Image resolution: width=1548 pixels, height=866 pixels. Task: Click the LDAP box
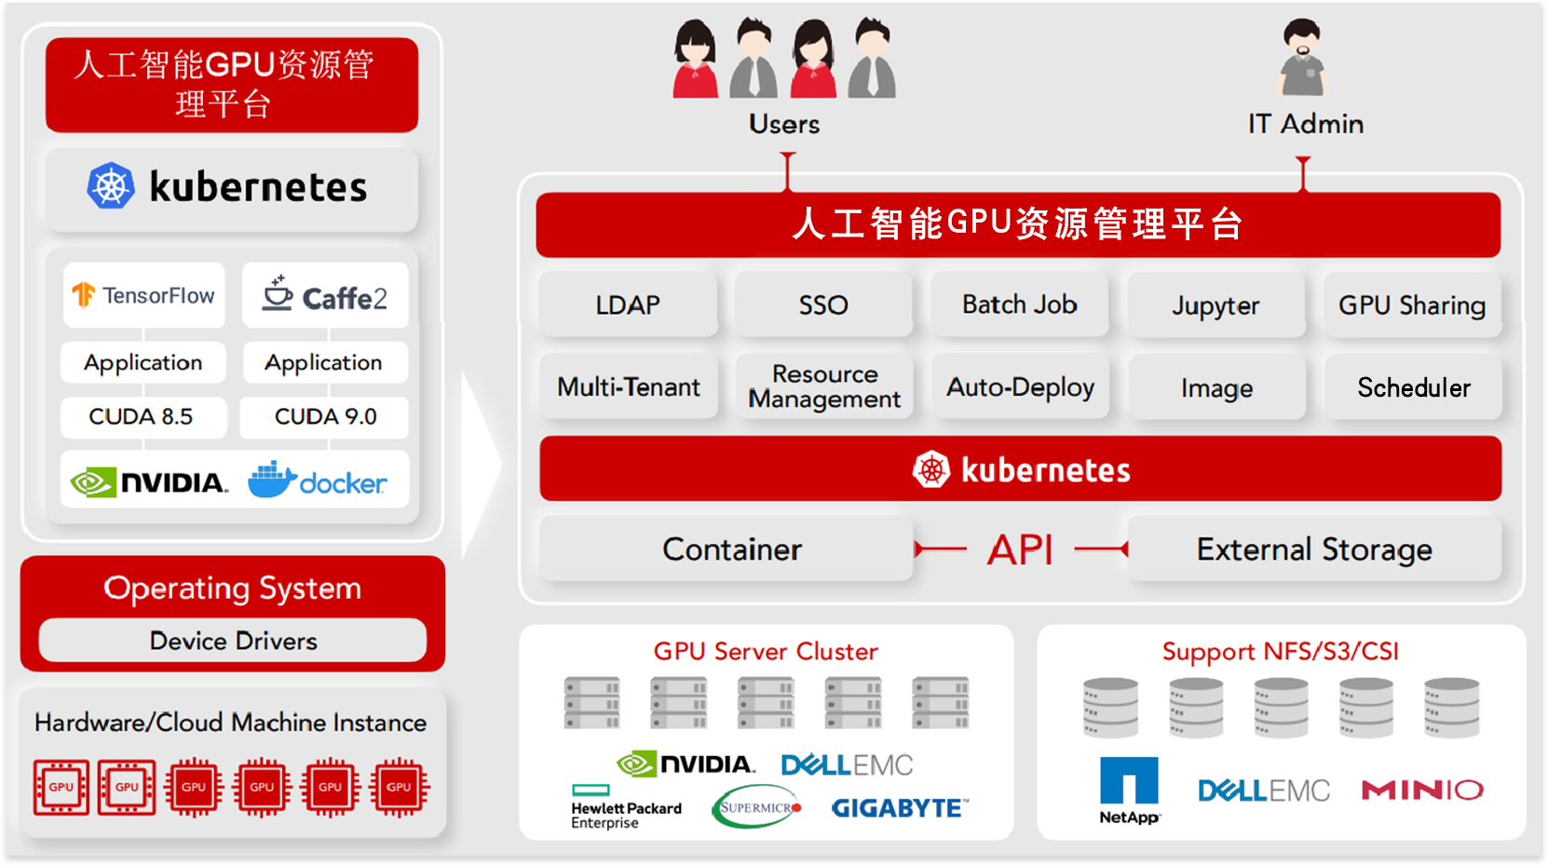pos(628,304)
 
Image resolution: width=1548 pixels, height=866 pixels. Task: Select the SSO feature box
pos(823,304)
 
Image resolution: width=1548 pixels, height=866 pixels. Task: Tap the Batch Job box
pos(1019,304)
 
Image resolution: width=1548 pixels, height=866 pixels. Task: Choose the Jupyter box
pos(1215,304)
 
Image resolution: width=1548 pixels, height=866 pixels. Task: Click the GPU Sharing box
pos(1412,304)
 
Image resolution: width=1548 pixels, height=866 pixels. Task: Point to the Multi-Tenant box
pos(628,386)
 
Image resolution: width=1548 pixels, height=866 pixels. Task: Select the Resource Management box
pos(823,386)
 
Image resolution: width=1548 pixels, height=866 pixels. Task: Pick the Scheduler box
pos(1413,387)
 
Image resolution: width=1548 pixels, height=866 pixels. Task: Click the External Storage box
pos(1314,549)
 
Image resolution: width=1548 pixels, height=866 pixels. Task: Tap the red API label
pos(1020,550)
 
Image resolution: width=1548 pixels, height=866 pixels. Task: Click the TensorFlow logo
pos(143,295)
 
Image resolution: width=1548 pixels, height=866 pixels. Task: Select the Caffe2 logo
pos(325,295)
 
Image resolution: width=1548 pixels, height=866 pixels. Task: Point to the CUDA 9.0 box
pos(325,417)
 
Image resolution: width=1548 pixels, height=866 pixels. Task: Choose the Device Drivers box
pos(233,641)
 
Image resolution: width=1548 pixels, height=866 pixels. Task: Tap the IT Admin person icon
pos(1302,58)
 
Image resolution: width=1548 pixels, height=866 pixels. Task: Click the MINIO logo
pos(1422,790)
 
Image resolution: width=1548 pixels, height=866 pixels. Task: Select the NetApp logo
pos(1129,790)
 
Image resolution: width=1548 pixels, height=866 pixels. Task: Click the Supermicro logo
pos(756,805)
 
